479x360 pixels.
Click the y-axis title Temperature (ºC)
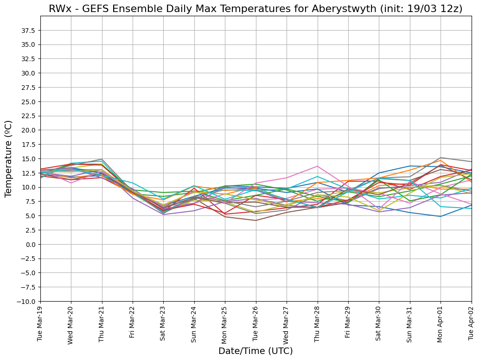(9, 158)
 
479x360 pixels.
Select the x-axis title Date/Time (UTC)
(255, 351)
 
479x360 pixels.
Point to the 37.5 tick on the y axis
(28, 31)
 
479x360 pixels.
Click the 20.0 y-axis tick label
(28, 130)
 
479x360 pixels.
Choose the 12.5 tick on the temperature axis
(28, 173)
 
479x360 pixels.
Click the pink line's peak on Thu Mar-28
(317, 166)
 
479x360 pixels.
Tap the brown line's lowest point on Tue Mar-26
(255, 221)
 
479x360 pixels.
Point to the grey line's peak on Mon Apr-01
(441, 158)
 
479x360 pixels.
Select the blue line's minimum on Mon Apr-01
(441, 216)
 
